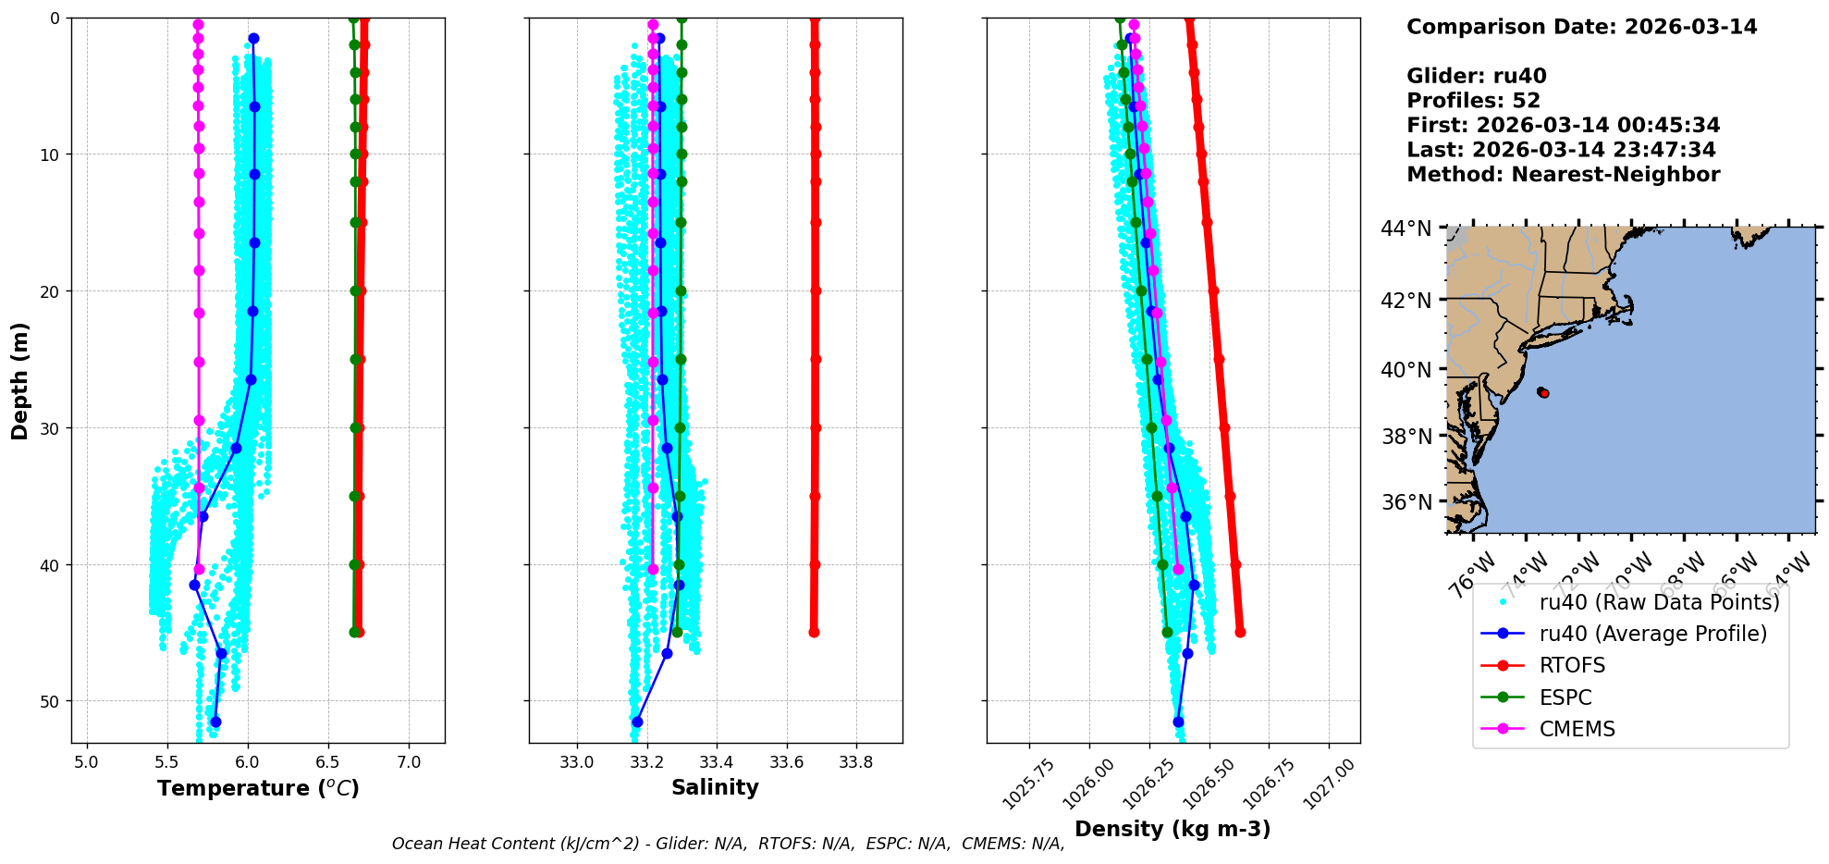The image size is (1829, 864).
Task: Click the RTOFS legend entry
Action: [1572, 665]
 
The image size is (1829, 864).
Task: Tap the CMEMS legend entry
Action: [1577, 729]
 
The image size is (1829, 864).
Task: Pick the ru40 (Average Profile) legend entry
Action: [1652, 634]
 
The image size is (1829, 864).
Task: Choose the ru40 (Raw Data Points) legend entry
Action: [1659, 602]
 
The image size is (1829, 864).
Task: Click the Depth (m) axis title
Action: [20, 380]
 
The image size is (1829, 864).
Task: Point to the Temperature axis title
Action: [258, 788]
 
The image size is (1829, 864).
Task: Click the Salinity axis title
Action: [715, 787]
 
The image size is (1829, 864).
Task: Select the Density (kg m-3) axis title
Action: [1172, 829]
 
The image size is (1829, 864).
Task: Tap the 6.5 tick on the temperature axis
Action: [327, 762]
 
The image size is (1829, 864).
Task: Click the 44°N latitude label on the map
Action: [1406, 228]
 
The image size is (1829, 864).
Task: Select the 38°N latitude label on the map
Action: [1406, 437]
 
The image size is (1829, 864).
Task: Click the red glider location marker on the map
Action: [1543, 393]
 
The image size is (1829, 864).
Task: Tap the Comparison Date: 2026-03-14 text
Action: [1581, 27]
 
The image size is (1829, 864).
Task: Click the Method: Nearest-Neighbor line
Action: [1563, 175]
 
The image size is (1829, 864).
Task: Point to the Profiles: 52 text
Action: [1474, 101]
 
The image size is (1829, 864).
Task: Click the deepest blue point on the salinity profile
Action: [637, 722]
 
